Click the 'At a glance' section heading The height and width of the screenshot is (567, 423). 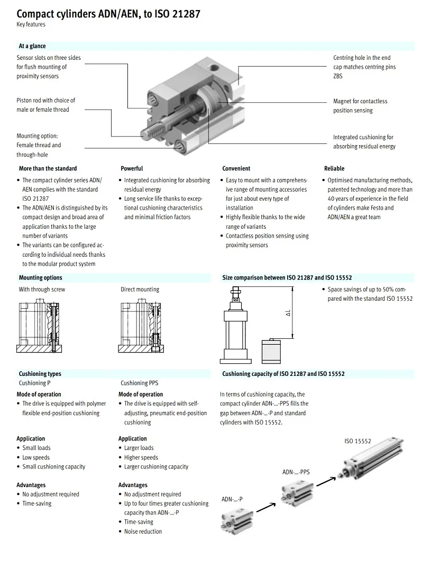pos(32,46)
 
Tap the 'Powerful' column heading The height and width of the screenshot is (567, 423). pos(132,168)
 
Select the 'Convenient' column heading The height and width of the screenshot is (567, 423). pos(236,168)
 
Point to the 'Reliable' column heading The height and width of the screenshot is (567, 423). pos(334,168)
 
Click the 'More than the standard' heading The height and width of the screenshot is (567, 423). pos(48,168)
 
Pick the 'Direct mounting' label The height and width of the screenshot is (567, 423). pos(140,289)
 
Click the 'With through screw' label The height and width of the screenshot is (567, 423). pos(42,289)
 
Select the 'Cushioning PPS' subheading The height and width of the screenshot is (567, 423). pos(139,383)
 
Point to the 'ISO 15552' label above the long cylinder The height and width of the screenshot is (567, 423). pos(357,441)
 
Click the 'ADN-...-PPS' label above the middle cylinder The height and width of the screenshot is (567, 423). pos(296,472)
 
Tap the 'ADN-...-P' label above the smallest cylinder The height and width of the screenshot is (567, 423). pos(232,499)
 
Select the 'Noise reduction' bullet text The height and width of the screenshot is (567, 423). pos(143,532)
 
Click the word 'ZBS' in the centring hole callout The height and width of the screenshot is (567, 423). pos(338,76)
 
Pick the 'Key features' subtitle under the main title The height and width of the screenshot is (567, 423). pos(31,24)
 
